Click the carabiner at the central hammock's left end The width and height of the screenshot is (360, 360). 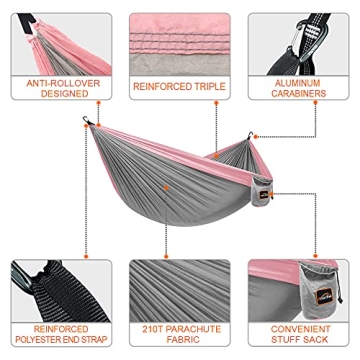tap(88, 124)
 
